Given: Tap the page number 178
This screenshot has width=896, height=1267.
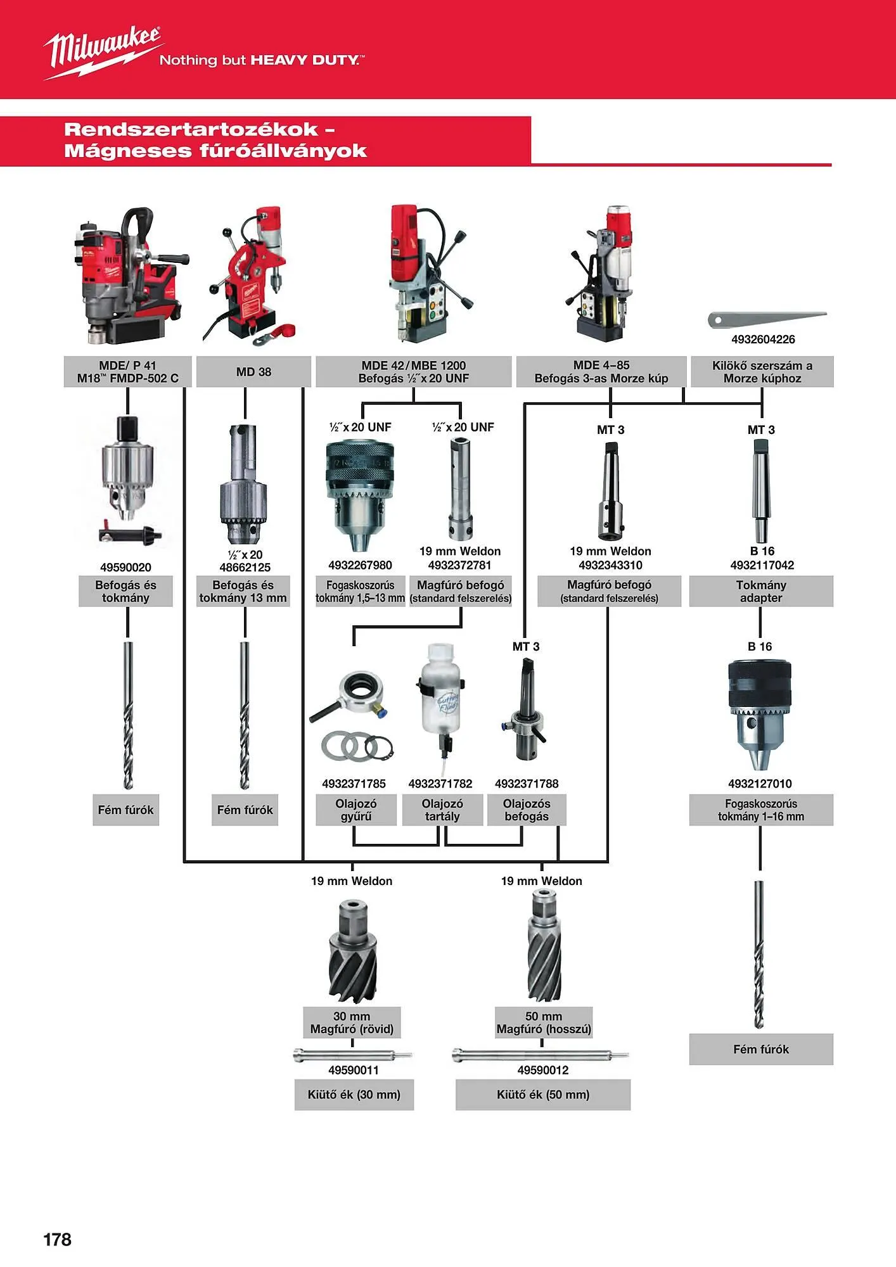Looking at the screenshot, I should [57, 1239].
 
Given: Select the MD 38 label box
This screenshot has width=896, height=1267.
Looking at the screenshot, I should [253, 372].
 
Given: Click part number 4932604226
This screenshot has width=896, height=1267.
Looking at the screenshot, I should [763, 340].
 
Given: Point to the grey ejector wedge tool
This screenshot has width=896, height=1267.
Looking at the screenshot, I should [767, 318].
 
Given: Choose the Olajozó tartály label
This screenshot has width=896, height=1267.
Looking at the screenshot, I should [442, 810].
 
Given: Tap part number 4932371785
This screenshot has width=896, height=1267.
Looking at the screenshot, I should [354, 784].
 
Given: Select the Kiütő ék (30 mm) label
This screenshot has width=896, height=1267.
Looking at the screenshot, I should [354, 1095].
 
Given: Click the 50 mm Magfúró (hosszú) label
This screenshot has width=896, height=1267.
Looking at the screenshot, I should [544, 1023].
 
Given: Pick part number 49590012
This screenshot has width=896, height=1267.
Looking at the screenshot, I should [543, 1071].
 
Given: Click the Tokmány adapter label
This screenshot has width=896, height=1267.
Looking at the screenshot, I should [761, 591].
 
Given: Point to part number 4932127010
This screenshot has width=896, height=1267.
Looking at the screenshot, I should [760, 784].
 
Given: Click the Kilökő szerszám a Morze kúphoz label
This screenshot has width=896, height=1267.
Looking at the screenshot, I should [762, 372].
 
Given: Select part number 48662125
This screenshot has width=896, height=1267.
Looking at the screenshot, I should [245, 568].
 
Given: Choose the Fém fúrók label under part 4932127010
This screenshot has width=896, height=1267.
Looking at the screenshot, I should [761, 1050].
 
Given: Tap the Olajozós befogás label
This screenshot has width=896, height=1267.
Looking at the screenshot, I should [527, 810].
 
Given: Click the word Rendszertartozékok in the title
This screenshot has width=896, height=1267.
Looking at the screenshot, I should [191, 130].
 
